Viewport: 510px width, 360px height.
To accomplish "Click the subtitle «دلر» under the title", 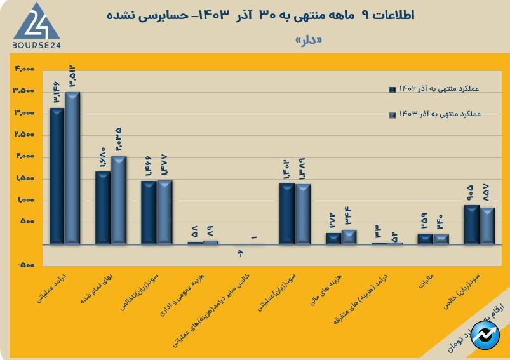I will (309, 40).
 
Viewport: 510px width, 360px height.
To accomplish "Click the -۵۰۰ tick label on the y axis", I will (25, 266).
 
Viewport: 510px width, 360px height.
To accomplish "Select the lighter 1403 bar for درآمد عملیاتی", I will (72, 168).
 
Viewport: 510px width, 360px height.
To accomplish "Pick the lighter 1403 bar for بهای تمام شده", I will (119, 200).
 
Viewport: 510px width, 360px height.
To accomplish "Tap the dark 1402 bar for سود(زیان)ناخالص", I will (149, 212).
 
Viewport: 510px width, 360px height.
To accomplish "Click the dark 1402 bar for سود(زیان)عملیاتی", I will (287, 213).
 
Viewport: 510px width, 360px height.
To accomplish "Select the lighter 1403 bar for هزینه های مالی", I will (349, 237).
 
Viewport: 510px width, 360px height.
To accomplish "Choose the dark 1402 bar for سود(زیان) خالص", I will (471, 224).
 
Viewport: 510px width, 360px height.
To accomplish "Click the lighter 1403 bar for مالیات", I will (441, 239).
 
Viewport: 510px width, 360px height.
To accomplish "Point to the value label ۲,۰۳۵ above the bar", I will (118, 140).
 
